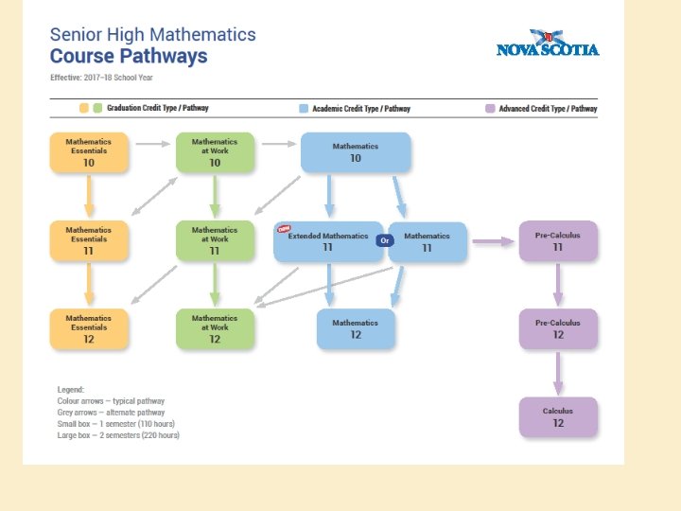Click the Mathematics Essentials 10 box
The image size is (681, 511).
[89, 152]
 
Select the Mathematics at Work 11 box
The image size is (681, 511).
[215, 241]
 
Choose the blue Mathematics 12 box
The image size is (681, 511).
[356, 328]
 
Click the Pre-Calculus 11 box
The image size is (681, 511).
[558, 241]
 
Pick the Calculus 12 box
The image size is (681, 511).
[558, 417]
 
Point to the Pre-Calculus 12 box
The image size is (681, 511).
[558, 328]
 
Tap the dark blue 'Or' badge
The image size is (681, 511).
[384, 241]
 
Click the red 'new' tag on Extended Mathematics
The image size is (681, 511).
[283, 227]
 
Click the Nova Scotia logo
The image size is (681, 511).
[548, 44]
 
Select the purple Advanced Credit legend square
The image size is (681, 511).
[490, 109]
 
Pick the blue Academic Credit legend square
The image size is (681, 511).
[304, 109]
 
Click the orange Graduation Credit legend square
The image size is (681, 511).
[84, 109]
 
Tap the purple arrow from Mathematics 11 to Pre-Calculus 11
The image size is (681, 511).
[492, 241]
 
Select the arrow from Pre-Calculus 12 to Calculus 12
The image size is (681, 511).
[558, 373]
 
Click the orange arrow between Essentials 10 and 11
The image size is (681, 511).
[89, 197]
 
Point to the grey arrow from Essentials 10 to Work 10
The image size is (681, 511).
[151, 144]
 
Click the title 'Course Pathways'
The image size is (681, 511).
[129, 57]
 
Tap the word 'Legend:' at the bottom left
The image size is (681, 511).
[70, 389]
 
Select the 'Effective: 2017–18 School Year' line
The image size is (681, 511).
[102, 77]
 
